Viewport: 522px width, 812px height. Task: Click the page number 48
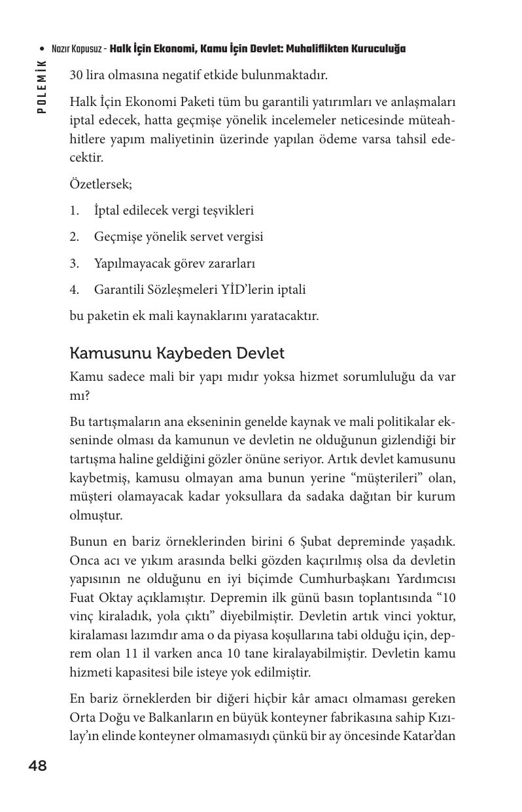38,766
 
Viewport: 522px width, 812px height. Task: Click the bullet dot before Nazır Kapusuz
43,49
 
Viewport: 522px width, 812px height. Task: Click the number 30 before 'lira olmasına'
76,75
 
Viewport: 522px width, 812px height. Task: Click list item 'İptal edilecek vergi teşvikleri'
174,211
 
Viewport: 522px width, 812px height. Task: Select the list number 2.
74,237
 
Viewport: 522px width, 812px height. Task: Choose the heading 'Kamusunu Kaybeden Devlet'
177,353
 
